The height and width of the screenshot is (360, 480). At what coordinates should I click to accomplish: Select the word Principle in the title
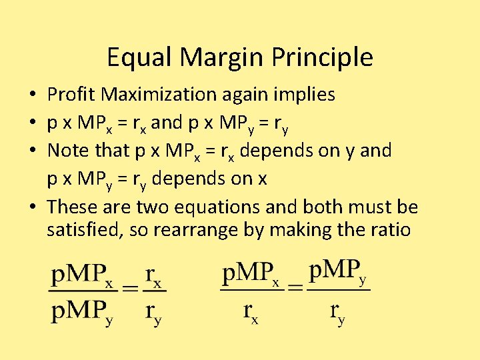coord(327,58)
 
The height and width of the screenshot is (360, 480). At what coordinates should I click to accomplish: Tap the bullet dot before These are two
coord(33,208)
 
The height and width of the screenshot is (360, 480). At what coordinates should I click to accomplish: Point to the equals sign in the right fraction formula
coord(295,288)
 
